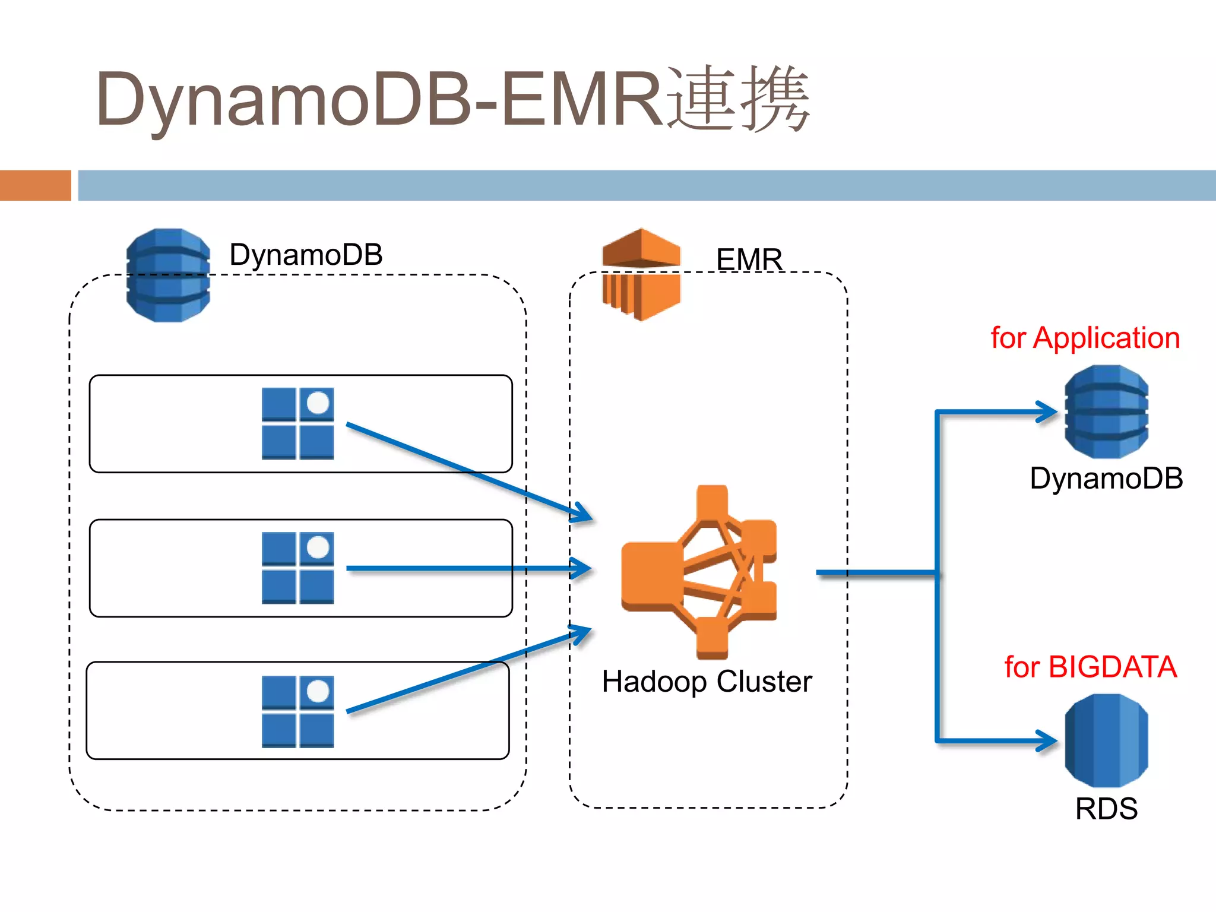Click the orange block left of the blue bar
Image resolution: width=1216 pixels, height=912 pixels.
(36, 185)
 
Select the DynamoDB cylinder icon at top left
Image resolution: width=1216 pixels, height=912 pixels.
(168, 275)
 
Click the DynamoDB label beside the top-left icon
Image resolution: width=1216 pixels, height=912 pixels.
(306, 255)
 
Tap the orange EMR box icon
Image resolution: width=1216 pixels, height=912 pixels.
(641, 274)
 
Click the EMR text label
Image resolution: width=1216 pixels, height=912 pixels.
(749, 259)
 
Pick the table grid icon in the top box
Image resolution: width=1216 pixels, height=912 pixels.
(297, 423)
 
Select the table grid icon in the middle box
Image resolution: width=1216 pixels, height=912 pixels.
(297, 568)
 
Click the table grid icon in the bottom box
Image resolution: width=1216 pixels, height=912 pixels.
(297, 711)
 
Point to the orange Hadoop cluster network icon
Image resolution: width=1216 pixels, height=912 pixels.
(699, 572)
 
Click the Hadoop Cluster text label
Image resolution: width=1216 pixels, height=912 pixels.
(707, 682)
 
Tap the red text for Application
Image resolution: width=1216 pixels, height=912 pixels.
(1085, 338)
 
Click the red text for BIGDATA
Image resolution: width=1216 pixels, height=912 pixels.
(1090, 667)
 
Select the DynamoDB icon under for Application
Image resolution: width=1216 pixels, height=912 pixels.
(1106, 411)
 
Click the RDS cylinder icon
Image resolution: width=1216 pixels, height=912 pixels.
(1106, 740)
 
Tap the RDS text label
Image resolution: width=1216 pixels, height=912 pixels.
(1106, 809)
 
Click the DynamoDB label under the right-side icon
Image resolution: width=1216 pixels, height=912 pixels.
(1106, 479)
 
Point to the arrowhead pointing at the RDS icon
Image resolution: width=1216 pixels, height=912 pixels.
(1048, 740)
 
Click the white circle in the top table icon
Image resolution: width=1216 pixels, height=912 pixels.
(318, 403)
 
